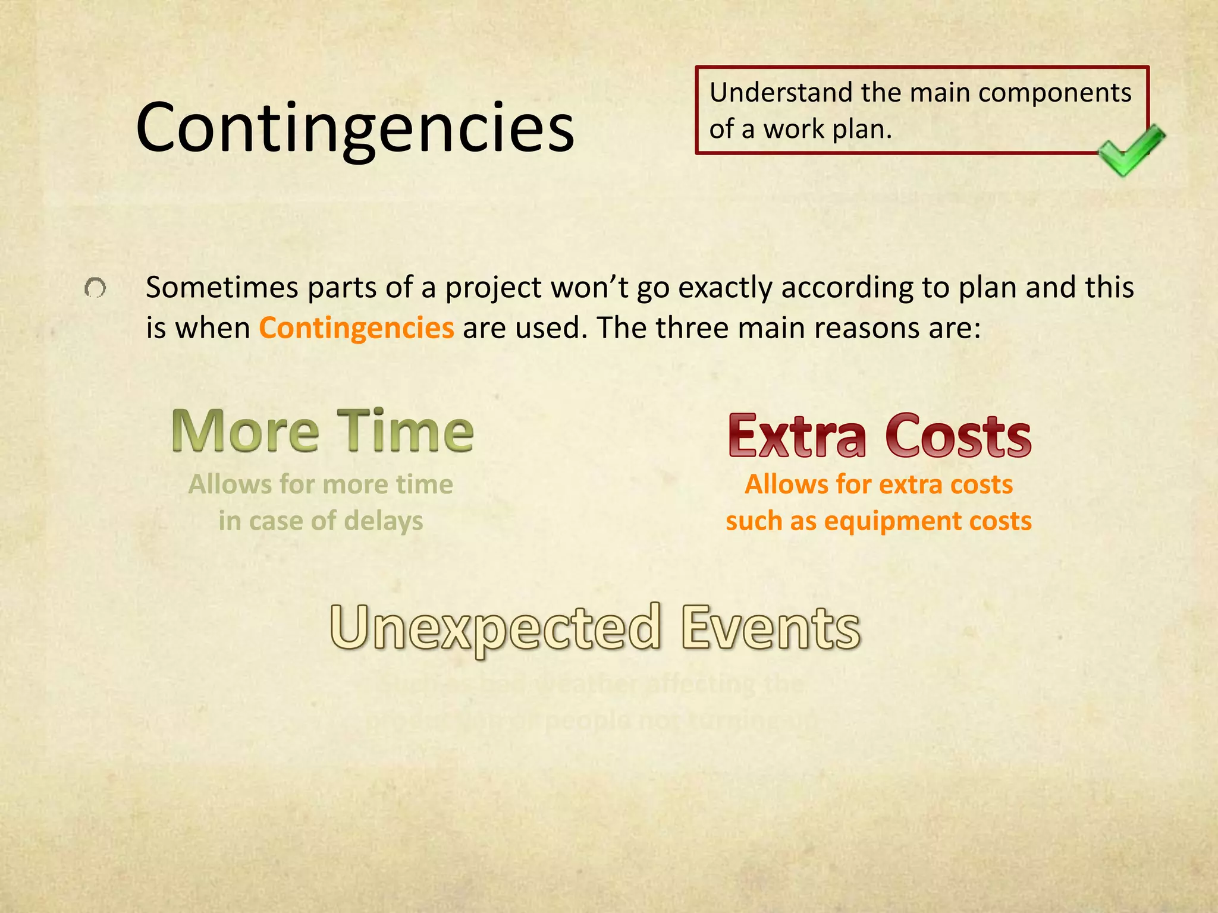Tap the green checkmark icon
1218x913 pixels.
[x=1130, y=150]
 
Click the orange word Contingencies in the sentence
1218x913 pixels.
[x=356, y=328]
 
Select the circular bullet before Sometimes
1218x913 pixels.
[x=95, y=289]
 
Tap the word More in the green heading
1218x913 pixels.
[x=245, y=431]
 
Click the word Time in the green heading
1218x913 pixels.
[x=406, y=431]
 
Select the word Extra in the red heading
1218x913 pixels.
[x=797, y=437]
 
